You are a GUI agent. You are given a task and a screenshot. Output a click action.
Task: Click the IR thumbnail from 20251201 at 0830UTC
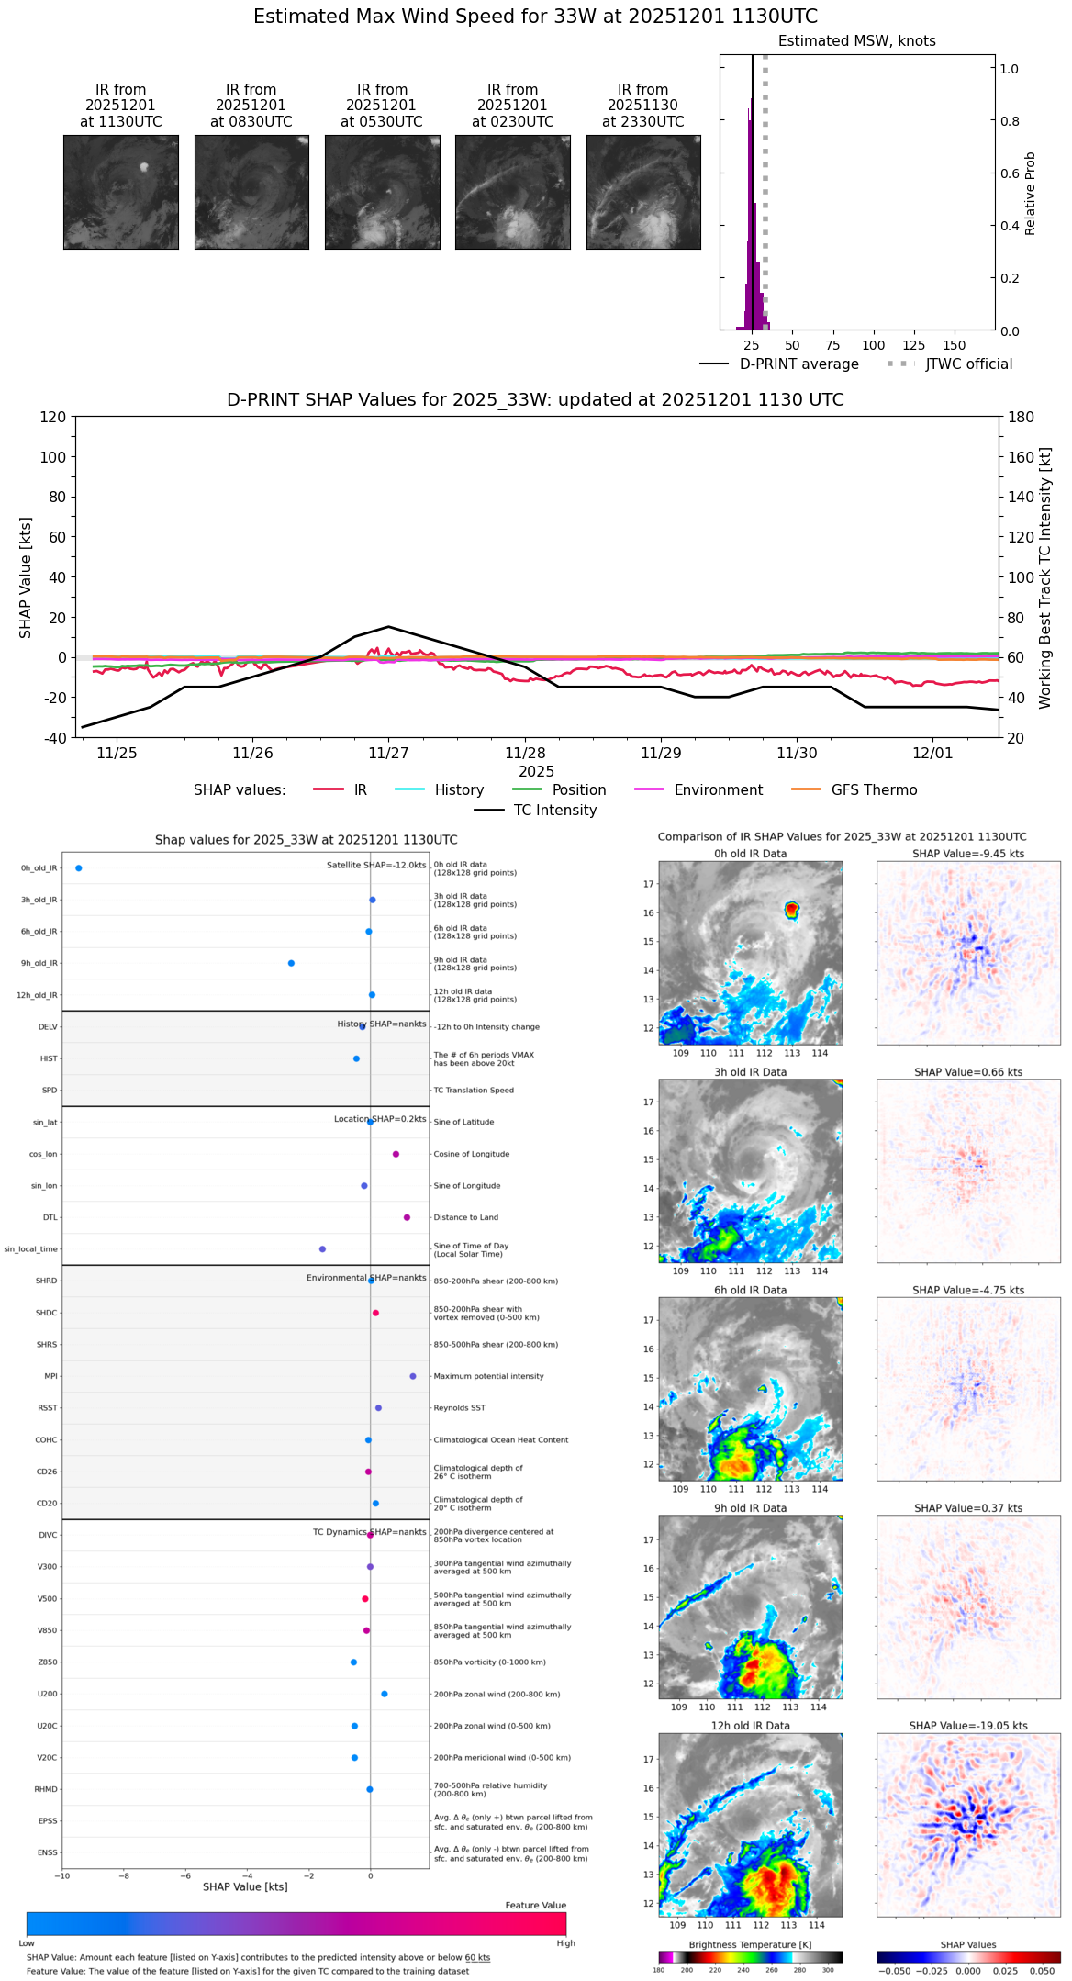click(x=251, y=192)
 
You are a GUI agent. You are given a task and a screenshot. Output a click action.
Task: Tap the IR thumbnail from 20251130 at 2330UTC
click(x=643, y=192)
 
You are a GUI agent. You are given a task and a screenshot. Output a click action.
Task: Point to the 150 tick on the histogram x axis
click(x=955, y=345)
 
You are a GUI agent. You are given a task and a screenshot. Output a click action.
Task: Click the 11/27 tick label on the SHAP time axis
click(x=388, y=753)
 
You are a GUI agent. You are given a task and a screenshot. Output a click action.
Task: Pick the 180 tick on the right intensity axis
click(x=1022, y=417)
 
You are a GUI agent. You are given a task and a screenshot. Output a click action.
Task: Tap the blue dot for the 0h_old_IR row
click(x=79, y=867)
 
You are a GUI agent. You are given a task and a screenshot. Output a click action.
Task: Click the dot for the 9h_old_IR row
click(x=291, y=963)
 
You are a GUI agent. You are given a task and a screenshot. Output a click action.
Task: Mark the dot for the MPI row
click(x=413, y=1376)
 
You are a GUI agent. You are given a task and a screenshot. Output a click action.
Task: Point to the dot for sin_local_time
click(x=322, y=1248)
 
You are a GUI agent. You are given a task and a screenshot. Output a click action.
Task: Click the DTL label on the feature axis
click(x=50, y=1217)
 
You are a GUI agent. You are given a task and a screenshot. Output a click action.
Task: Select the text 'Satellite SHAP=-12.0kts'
click(x=376, y=865)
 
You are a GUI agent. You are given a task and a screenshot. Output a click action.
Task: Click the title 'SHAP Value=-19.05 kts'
click(x=968, y=1726)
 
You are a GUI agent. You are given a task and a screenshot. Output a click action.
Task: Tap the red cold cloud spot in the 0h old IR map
click(x=791, y=909)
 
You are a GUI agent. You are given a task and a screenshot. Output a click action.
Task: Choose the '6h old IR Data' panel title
click(x=750, y=1290)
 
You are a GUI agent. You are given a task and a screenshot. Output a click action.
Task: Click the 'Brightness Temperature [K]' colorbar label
click(x=750, y=1944)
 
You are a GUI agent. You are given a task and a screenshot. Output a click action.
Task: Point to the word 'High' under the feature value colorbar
click(x=565, y=1942)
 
